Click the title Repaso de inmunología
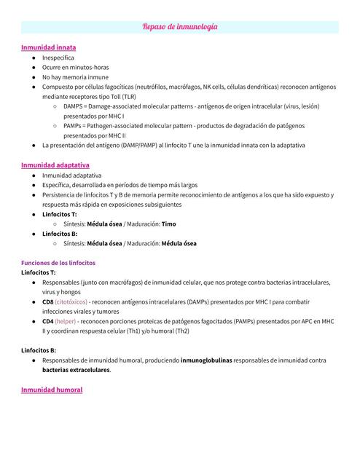[x=180, y=27]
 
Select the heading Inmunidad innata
[x=48, y=47]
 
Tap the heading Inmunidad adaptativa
[x=55, y=165]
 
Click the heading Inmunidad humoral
[x=52, y=390]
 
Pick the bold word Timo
[x=168, y=224]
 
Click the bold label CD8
[x=48, y=301]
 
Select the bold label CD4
[x=48, y=321]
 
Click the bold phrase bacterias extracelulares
[x=77, y=370]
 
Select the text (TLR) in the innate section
[x=128, y=96]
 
